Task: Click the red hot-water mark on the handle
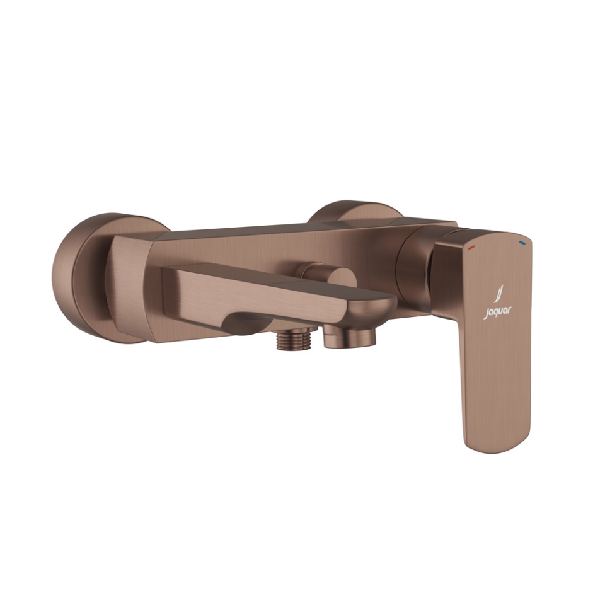pos(471,248)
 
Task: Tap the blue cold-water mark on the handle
pos(522,242)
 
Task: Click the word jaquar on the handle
pos(498,311)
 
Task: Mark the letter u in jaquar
pos(502,311)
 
